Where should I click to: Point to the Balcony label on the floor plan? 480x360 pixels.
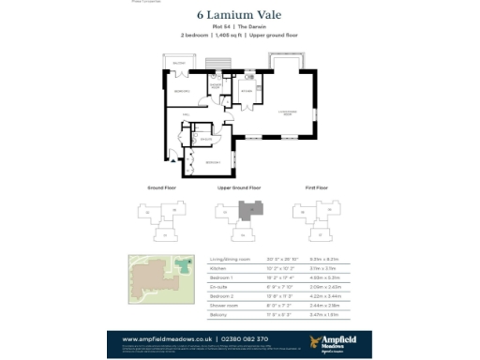tap(179, 63)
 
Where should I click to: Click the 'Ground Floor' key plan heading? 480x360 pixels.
tap(161, 188)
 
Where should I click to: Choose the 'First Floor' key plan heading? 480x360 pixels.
tap(316, 188)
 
